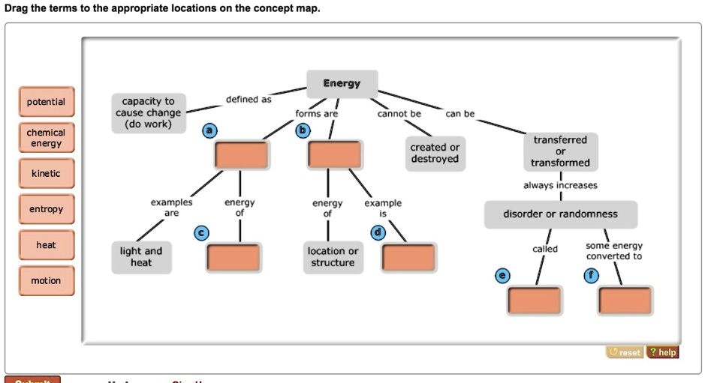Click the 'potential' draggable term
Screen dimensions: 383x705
(46, 102)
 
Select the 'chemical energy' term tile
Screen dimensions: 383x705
(46, 138)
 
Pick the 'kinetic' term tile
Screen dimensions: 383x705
(46, 174)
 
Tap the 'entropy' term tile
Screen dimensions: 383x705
(46, 209)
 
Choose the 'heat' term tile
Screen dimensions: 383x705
(46, 245)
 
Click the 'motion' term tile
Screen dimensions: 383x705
(46, 281)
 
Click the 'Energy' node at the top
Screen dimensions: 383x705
(342, 83)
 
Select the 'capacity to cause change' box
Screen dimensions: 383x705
(148, 113)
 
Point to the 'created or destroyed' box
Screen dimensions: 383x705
(435, 153)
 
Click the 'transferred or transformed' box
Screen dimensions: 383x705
(560, 151)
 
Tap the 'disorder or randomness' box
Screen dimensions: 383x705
(560, 214)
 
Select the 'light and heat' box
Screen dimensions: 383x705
(141, 257)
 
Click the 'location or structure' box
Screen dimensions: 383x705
(333, 257)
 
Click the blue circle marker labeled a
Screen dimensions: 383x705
(210, 130)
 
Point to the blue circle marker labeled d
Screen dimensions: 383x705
(378, 233)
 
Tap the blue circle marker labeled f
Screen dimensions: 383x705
(591, 276)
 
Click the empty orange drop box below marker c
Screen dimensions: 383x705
(233, 258)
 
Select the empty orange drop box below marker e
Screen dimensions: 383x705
(534, 301)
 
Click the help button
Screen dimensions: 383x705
(662, 352)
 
